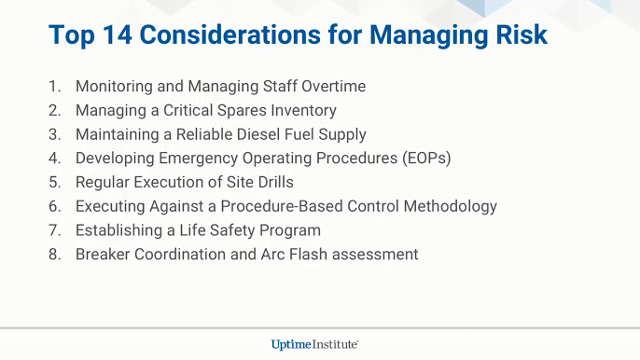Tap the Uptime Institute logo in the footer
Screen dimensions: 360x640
point(315,344)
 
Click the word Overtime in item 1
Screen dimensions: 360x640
point(332,87)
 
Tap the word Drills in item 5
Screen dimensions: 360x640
point(272,183)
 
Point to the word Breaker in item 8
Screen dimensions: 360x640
point(104,255)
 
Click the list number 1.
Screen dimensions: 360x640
point(54,87)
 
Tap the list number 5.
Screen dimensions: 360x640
point(54,183)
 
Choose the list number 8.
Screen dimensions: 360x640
point(54,255)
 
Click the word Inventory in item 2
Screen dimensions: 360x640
point(300,111)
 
